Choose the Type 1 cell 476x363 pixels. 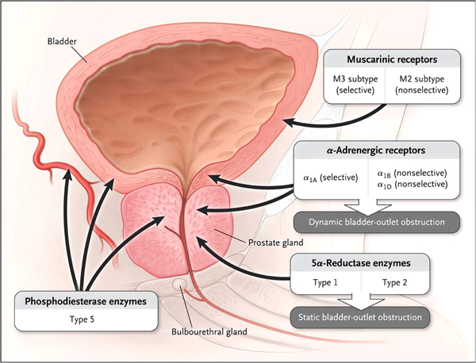click(324, 282)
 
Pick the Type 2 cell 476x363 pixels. click(397, 282)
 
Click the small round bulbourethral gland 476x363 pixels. click(182, 282)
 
